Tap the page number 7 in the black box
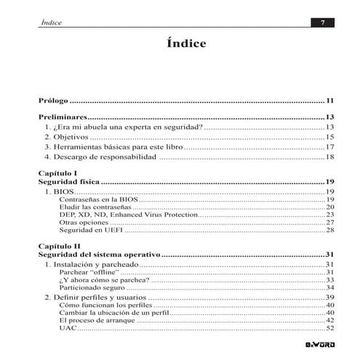[x=321, y=23]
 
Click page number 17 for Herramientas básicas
[x=329, y=146]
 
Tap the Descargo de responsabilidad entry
[x=100, y=156]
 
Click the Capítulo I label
[x=57, y=173]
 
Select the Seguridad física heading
[x=68, y=182]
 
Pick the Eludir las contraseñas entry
[x=92, y=207]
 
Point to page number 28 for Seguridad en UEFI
[x=329, y=230]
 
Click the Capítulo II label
[x=59, y=247]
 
